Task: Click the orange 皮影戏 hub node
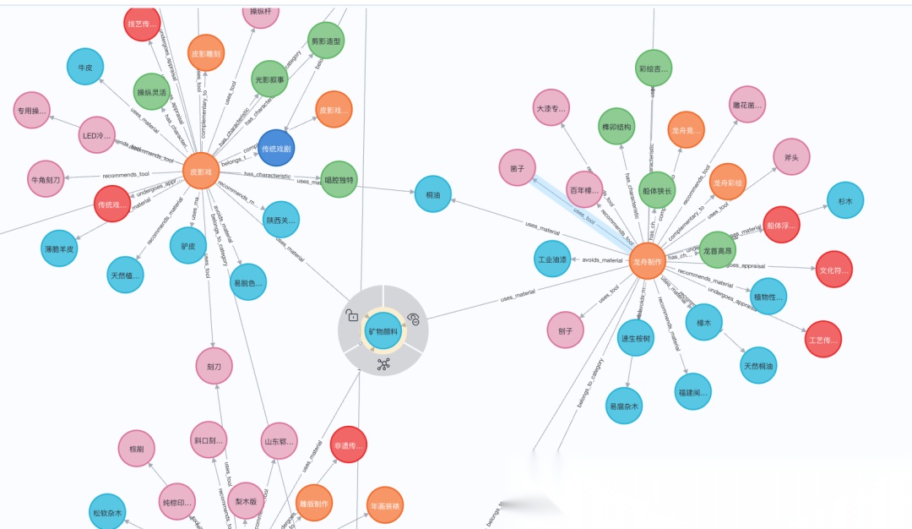point(201,171)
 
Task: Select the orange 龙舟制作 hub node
point(649,261)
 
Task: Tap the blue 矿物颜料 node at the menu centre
point(383,331)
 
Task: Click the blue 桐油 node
point(433,194)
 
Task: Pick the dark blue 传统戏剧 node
point(276,148)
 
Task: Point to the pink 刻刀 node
point(214,366)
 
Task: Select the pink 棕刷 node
point(137,449)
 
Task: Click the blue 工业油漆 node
point(552,259)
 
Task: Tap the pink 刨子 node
point(565,330)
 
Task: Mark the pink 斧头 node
point(792,156)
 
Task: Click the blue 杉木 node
point(845,201)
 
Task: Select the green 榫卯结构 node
point(616,127)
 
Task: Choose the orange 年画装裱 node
point(385,505)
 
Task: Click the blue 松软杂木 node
point(107,512)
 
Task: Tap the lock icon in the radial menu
point(352,316)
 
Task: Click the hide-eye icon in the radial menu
point(414,318)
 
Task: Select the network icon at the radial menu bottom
point(383,364)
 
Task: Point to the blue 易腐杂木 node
point(624,406)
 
